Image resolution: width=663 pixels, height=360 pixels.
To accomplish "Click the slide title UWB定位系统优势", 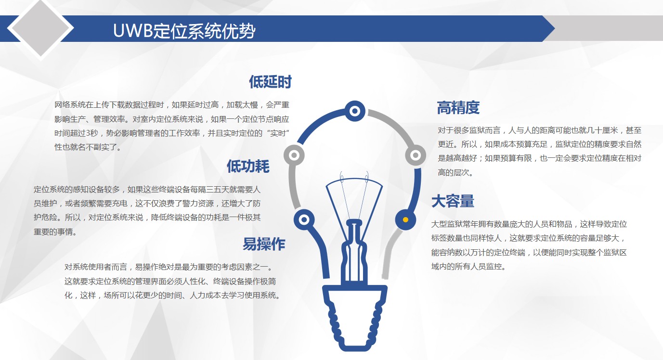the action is tap(184, 30).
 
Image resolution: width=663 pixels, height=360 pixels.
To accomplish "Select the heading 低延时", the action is tap(270, 82).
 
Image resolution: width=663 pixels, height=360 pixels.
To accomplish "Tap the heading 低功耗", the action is tap(248, 166).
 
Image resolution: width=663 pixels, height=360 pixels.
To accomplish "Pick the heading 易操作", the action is tap(264, 244).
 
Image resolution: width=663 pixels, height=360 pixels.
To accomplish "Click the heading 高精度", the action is tap(458, 107).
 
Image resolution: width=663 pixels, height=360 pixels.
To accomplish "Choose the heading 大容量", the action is tap(453, 201).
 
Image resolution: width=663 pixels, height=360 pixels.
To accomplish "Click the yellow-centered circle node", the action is tap(405, 220).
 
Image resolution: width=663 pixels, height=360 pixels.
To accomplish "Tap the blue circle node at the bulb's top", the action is tap(354, 111).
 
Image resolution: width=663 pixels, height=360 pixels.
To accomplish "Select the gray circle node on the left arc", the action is tap(294, 155).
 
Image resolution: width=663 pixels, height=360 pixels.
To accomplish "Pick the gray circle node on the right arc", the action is tap(416, 155).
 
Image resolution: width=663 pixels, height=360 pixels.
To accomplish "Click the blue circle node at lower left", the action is tap(304, 220).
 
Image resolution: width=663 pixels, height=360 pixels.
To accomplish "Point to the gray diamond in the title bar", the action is tap(40, 28).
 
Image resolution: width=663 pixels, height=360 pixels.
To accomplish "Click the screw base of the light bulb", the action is tap(354, 318).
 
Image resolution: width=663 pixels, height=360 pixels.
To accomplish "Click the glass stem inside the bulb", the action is tap(354, 251).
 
